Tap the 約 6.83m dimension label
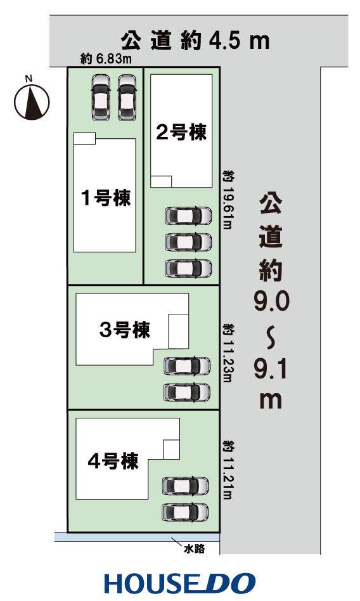106,60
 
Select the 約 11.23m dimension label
229,356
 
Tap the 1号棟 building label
105,198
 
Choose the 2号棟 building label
181,132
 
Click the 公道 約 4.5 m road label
196,41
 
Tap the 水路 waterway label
195,550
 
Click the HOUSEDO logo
180,583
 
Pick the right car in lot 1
127,98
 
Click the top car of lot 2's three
188,216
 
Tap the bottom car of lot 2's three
188,268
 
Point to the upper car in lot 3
186,366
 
